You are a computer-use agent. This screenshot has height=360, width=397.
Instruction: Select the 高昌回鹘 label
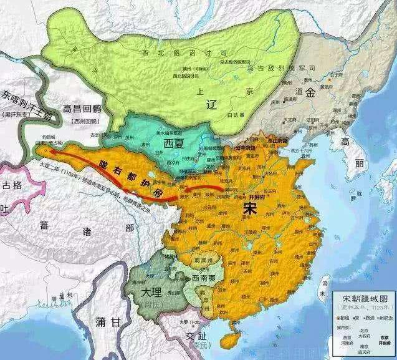(85, 109)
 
